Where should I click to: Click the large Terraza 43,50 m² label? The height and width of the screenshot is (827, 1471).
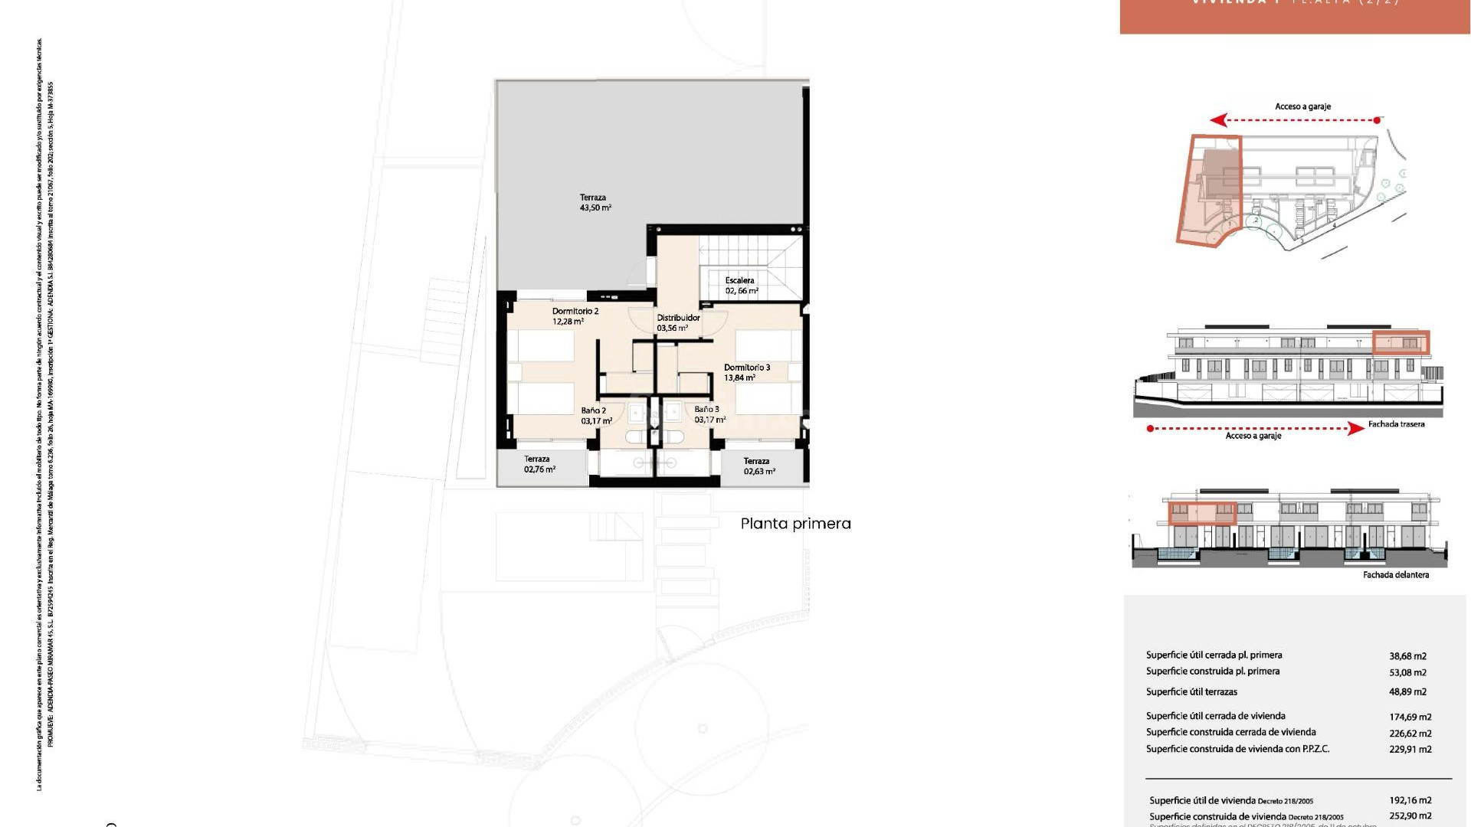595,203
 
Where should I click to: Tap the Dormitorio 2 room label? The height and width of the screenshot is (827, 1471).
575,316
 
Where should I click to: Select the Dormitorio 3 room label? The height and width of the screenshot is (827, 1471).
746,372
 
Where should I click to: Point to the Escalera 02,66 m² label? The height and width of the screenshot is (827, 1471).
741,286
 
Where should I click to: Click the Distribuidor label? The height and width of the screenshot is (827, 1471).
677,322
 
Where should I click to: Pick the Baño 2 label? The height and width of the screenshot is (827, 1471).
595,416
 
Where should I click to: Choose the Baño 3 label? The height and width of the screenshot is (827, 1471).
708,414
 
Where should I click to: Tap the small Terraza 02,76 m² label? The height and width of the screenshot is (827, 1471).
539,464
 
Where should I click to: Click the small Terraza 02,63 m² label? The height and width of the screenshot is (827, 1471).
758,466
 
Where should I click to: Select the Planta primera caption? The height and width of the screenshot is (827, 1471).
795,524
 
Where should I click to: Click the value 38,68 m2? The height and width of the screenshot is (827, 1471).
1407,656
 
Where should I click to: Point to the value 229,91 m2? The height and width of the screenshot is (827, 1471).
1410,750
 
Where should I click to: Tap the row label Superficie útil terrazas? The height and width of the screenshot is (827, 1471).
1191,692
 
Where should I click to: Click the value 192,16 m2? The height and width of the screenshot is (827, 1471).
1410,800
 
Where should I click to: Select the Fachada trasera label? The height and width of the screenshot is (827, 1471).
1396,424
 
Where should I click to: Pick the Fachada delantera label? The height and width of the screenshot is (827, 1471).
1395,575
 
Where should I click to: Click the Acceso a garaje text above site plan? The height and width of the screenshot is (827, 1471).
1302,106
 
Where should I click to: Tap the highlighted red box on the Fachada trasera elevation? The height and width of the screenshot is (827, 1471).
1400,342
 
